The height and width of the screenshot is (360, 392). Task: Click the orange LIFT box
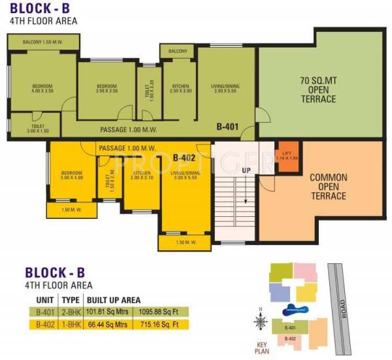pos(286,155)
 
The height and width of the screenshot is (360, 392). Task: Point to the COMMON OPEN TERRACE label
pos(329,186)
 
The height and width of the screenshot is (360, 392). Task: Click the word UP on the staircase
pos(247,170)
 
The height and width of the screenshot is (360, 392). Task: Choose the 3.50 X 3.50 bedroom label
pos(106,89)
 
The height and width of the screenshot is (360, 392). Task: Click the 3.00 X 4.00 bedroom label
pos(73,175)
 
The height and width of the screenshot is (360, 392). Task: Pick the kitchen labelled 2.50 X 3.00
pos(180,89)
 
